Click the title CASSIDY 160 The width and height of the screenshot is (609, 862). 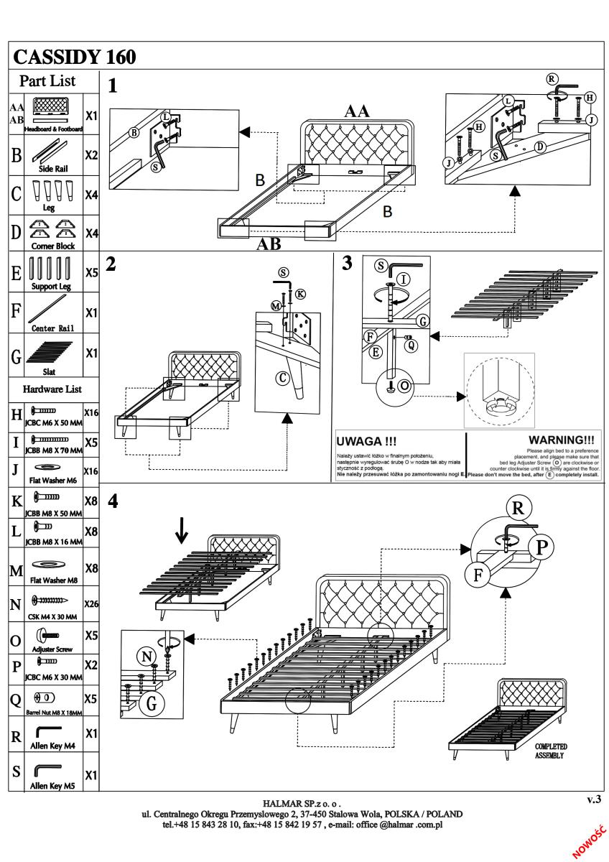(75, 56)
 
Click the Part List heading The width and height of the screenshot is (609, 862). (47, 80)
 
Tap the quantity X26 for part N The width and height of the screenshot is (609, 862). (91, 604)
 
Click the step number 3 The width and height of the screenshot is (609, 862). (348, 263)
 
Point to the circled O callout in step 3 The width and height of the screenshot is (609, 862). (404, 385)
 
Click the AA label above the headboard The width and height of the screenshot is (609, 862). (357, 111)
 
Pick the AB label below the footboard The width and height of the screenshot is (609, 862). (270, 244)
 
